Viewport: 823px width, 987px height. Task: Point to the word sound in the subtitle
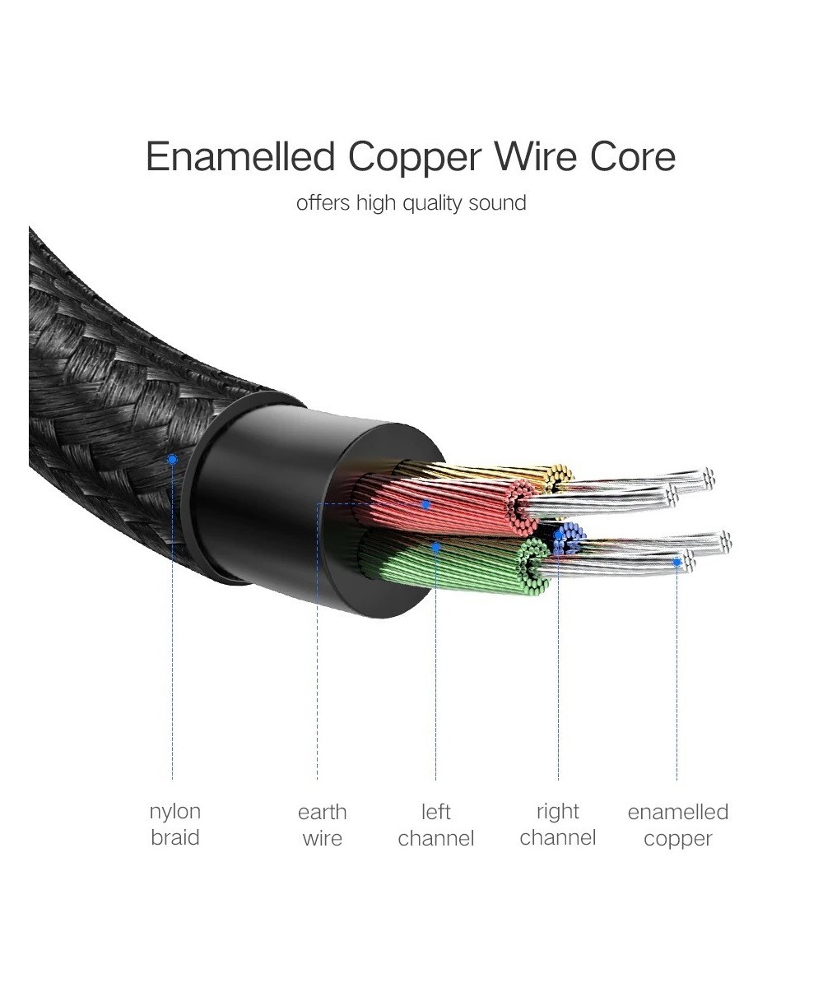(497, 202)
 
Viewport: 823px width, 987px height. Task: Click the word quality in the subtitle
(432, 203)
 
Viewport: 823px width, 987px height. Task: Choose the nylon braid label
(174, 825)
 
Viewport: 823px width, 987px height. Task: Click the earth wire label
(322, 825)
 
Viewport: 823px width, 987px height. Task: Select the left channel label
(435, 825)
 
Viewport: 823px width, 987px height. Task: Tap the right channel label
(558, 825)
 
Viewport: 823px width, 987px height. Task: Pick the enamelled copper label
(677, 825)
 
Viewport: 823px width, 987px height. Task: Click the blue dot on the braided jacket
(172, 459)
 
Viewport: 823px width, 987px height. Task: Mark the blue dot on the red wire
(425, 504)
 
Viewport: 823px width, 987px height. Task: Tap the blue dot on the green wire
(436, 545)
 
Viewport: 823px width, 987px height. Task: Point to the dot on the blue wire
(559, 535)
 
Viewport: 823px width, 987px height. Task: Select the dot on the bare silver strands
(677, 563)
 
